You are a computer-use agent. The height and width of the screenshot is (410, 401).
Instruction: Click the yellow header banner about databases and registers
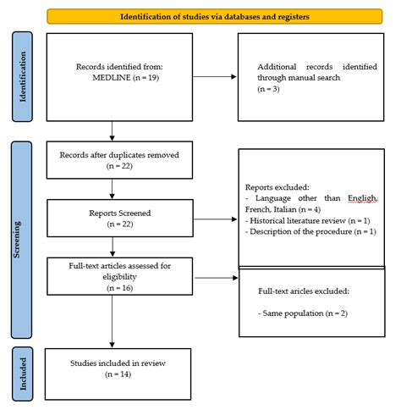pos(213,16)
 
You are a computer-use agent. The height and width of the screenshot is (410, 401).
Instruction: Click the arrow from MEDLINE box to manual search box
pos(206,78)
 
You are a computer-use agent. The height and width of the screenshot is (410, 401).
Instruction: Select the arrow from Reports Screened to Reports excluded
pos(206,217)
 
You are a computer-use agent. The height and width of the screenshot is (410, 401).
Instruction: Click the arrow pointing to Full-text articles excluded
pos(206,276)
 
